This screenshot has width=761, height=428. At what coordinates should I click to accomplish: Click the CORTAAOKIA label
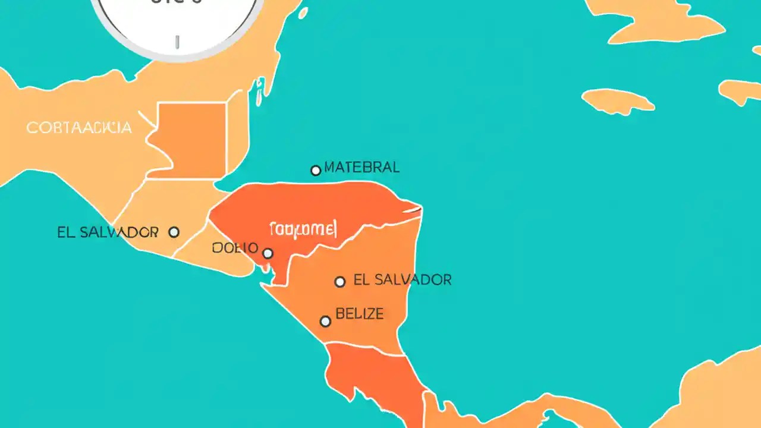pos(79,127)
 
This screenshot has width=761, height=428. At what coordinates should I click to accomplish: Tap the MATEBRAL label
pos(362,168)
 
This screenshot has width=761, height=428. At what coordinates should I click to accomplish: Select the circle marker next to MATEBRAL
pos(316,171)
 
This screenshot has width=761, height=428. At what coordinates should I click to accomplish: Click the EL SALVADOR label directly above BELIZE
pos(402,279)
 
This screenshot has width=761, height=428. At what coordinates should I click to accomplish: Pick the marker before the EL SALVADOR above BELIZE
pos(339,282)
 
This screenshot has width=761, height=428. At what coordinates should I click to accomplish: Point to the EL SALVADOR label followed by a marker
pos(108,232)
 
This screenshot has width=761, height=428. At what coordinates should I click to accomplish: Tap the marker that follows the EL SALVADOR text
pos(174,232)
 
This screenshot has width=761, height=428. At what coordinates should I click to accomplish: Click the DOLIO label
pos(235,248)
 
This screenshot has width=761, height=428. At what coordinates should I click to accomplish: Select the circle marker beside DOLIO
pos(268,254)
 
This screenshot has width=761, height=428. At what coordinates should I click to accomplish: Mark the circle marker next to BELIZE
pos(325,322)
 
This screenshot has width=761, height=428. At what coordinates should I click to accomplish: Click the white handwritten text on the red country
pos(303,228)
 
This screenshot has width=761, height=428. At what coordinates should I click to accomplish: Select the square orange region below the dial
pos(191,140)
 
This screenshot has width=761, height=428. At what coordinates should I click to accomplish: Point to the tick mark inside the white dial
pos(177,42)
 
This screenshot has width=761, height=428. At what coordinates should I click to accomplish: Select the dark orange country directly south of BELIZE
pos(369,374)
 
